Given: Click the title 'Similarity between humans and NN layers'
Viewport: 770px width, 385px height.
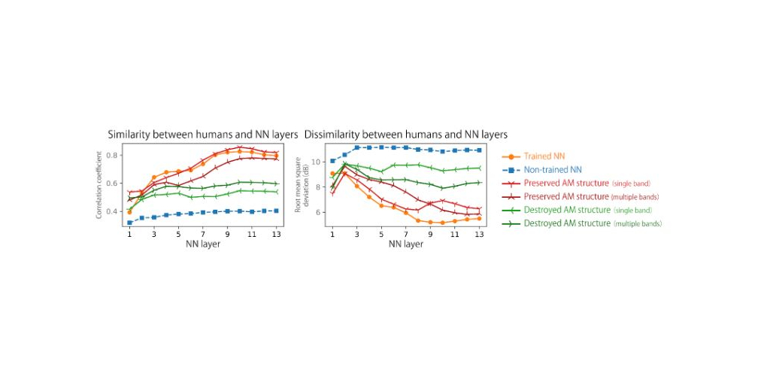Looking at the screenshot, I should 203,135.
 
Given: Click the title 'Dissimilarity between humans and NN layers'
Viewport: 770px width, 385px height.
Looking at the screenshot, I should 405,135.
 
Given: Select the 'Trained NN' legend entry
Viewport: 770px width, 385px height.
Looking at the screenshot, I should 544,156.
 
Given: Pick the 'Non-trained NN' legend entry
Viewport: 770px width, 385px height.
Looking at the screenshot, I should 553,170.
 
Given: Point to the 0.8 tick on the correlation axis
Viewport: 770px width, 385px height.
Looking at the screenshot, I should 114,156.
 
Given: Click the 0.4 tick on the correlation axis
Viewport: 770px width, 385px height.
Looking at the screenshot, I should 114,211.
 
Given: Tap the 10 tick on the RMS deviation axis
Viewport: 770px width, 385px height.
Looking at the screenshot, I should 316,162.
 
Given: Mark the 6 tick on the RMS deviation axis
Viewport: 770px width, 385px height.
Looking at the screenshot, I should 318,213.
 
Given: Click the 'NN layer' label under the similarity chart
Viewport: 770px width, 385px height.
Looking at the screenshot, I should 203,244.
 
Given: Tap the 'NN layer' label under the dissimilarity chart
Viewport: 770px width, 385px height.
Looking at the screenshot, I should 405,244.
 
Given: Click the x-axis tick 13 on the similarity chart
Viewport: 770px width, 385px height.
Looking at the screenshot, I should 277,235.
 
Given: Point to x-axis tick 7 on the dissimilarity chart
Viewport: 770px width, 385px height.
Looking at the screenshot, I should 406,235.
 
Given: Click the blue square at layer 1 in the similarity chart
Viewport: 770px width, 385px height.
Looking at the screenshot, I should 129,223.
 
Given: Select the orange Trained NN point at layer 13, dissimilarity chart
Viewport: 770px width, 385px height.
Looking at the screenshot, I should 479,219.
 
